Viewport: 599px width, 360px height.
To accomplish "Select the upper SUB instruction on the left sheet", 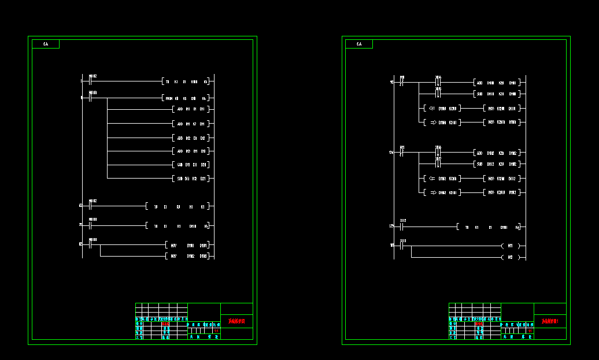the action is tap(191, 165).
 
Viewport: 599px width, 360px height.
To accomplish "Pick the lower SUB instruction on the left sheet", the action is tap(191, 179).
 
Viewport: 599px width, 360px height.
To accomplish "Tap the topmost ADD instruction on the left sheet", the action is tap(191, 109).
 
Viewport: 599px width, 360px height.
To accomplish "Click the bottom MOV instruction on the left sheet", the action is tap(187, 256).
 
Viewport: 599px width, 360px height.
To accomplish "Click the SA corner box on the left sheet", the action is tap(46, 44).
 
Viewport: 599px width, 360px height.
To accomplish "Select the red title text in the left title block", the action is tap(236, 321).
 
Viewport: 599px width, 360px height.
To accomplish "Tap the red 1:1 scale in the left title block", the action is tap(216, 331).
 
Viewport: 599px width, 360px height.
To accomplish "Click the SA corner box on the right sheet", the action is tap(359, 44).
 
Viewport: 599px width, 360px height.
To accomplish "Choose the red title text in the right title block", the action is tap(550, 321).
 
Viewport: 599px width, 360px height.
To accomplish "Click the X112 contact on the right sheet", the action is tap(403, 227).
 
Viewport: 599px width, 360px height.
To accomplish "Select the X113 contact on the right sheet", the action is tap(403, 246).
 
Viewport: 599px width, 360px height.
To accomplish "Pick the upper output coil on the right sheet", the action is tap(510, 246).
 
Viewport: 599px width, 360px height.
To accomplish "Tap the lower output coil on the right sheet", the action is tap(510, 257).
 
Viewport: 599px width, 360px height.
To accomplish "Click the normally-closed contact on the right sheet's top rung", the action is tap(402, 82).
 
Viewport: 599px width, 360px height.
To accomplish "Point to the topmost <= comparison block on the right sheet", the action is tap(441, 108).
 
